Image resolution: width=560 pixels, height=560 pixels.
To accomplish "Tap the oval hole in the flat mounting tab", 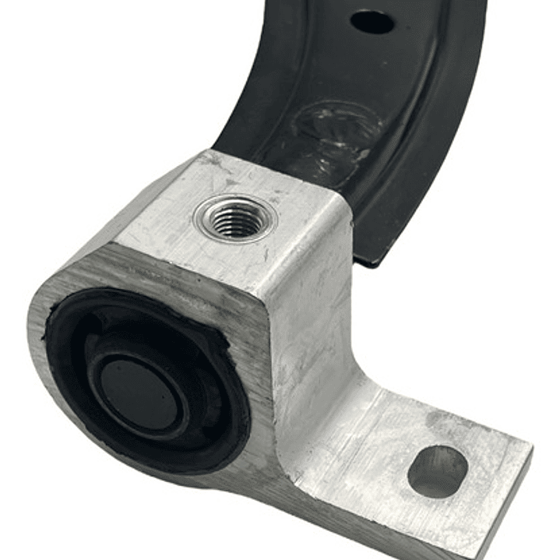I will tap(437, 471).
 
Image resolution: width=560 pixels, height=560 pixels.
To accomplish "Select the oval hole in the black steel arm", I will tap(372, 21).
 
